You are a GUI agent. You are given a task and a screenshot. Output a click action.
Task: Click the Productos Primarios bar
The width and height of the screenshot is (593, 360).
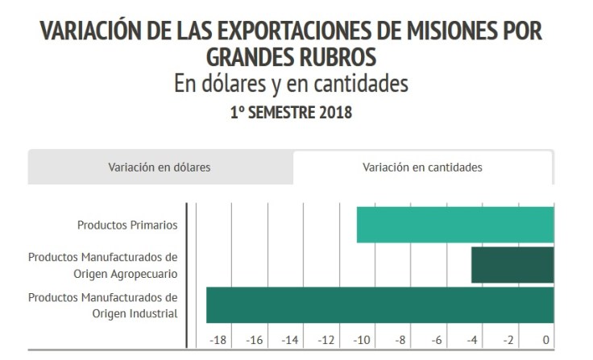coord(455,225)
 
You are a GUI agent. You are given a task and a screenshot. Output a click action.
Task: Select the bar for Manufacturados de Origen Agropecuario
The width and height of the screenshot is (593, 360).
coord(512,265)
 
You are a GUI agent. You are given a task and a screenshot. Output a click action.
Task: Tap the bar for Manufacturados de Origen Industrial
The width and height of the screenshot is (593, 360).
coord(379,305)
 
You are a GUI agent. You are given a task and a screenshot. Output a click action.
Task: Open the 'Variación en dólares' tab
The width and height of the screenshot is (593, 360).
coord(160,168)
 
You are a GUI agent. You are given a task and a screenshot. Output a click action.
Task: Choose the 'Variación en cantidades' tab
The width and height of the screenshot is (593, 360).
coord(422,168)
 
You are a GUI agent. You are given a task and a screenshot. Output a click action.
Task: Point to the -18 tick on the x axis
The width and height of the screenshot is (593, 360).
coord(218,340)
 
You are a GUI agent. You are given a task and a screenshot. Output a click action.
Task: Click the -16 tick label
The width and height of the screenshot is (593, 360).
coord(255,340)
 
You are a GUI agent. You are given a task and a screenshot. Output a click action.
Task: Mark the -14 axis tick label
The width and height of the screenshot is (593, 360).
coord(290,340)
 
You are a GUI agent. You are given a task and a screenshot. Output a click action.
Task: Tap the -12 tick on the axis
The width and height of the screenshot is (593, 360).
coord(326,340)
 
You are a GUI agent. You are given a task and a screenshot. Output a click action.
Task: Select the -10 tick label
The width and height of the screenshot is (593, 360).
coord(363,340)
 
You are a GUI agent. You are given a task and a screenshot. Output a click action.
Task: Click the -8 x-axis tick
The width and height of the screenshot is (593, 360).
coord(400,340)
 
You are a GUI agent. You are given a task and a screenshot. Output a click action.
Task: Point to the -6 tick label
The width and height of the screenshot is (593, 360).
coord(437,340)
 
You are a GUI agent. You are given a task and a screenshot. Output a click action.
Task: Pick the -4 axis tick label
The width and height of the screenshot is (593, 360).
coord(473,340)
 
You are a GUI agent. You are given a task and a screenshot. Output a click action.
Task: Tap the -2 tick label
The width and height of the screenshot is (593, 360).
coord(509,340)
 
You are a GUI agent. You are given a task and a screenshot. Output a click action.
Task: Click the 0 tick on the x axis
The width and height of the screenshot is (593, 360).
coord(546,340)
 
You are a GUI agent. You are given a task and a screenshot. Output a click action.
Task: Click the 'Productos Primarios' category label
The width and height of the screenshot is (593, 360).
coord(126,225)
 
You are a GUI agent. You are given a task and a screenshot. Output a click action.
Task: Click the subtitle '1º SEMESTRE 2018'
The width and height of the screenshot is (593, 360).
coord(291,113)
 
